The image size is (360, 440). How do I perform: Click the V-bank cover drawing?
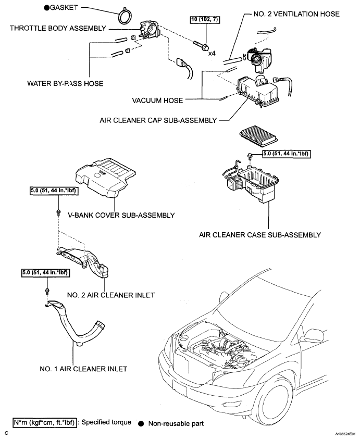point(106,179)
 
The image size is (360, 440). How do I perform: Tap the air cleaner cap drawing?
point(258,89)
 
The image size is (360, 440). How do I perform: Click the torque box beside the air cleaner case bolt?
point(287,154)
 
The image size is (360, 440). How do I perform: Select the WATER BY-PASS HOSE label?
point(65,83)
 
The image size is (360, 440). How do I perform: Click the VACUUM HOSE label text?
point(157,100)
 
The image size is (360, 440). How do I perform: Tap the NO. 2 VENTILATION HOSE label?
point(296,14)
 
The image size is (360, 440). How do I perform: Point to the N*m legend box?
point(44,422)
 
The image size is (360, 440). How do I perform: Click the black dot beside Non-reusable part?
point(141,424)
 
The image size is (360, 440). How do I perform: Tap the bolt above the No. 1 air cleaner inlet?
point(47,291)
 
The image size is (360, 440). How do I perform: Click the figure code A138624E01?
point(345,434)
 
